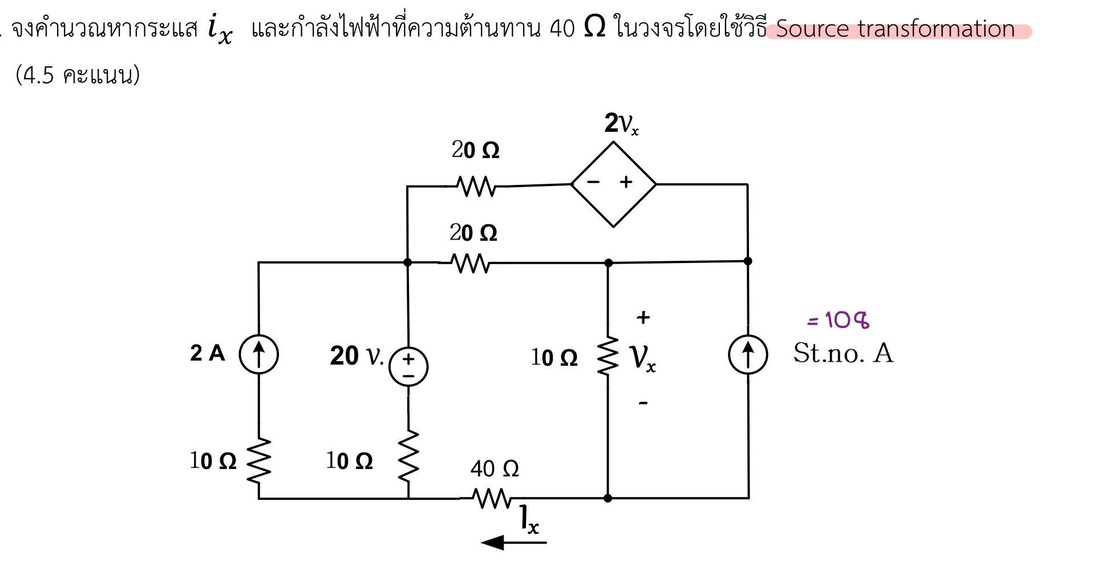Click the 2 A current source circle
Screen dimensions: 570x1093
(x=258, y=354)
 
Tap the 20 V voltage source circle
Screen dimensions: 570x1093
(x=408, y=367)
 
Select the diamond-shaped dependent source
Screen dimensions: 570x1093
(x=613, y=184)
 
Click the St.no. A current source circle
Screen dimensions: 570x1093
(x=748, y=354)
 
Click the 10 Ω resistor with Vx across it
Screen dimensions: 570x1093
(x=608, y=356)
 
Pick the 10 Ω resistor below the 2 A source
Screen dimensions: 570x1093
(x=259, y=461)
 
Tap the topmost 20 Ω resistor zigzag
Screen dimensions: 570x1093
(x=476, y=186)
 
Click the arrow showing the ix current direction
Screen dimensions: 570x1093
(x=513, y=542)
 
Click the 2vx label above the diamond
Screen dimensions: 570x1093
(x=621, y=123)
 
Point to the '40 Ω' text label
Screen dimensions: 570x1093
(x=495, y=469)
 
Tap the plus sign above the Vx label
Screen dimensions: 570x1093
(x=643, y=317)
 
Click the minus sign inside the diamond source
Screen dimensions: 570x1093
(x=593, y=182)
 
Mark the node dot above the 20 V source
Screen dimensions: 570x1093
(x=407, y=262)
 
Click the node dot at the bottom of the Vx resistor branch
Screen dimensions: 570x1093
(x=608, y=498)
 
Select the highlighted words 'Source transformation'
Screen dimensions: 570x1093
(x=895, y=29)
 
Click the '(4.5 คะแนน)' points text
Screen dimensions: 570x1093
(x=78, y=75)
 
